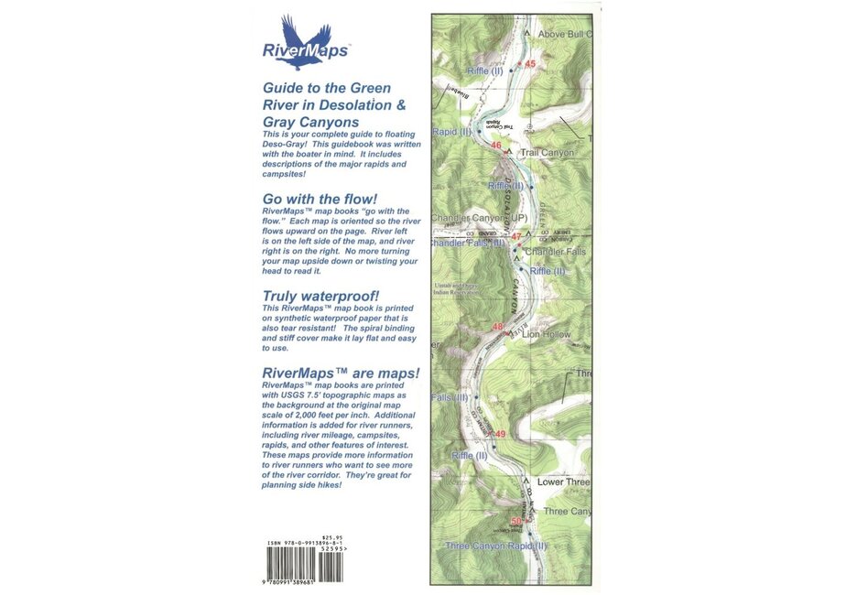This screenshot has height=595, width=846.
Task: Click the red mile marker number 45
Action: (530, 63)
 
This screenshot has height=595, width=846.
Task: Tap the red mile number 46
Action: (496, 146)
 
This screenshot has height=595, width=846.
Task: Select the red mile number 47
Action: (517, 237)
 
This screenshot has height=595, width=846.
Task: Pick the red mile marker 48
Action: (499, 327)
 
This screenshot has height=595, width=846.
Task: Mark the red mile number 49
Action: (500, 434)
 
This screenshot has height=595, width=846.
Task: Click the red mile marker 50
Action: (515, 521)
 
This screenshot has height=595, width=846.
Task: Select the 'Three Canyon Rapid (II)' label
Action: (495, 546)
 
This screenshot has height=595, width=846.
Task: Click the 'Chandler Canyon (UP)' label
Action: (480, 219)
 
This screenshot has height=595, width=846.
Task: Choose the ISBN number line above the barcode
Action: (307, 543)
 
